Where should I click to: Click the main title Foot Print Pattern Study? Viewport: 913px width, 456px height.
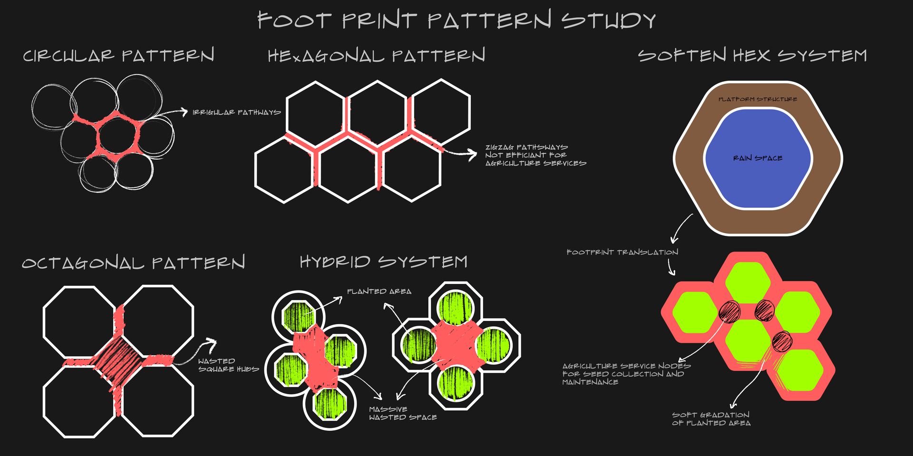[x=456, y=20]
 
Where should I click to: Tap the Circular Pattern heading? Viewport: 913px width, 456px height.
[x=118, y=55]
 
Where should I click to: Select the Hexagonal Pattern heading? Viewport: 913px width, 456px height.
[x=376, y=56]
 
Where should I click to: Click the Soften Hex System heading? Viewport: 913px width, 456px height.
[x=752, y=55]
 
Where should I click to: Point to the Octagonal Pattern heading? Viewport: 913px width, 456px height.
[x=133, y=262]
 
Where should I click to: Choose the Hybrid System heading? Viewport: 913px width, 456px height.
[x=383, y=262]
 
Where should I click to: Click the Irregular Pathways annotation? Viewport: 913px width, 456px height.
[x=236, y=112]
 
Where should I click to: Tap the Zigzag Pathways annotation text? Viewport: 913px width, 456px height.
[x=535, y=155]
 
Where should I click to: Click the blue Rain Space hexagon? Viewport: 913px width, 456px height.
[x=758, y=158]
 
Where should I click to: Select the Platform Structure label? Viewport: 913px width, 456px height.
[x=758, y=99]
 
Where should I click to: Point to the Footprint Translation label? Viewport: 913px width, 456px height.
[x=622, y=252]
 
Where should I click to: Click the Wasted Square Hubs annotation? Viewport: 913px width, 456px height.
[x=228, y=365]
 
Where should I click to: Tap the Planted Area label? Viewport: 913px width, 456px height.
[x=379, y=291]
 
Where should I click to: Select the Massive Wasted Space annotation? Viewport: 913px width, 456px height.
[x=403, y=413]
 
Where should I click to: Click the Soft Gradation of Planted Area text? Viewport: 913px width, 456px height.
[x=711, y=419]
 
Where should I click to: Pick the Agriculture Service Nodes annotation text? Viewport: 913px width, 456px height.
[x=626, y=374]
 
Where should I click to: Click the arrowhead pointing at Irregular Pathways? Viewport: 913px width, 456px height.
[x=184, y=112]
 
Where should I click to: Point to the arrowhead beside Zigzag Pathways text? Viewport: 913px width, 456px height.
[x=472, y=154]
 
